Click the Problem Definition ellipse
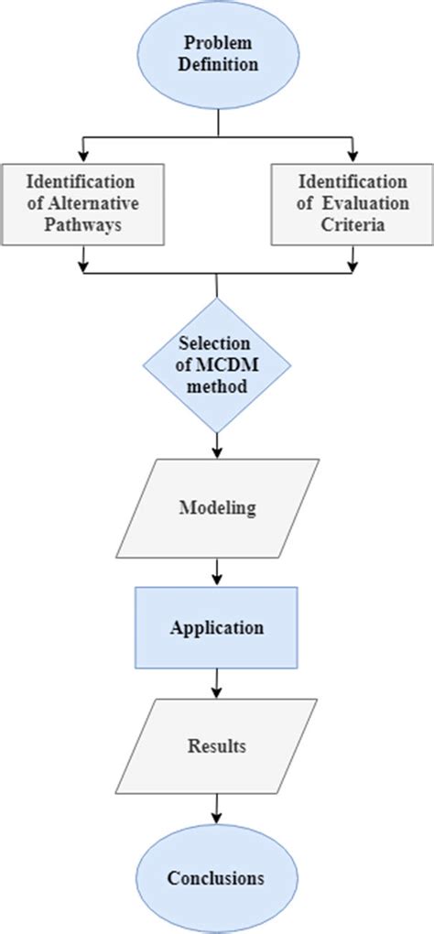[x=217, y=53]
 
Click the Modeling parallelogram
[x=217, y=507]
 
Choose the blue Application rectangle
[x=217, y=627]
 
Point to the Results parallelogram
[x=217, y=746]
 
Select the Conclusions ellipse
[x=217, y=877]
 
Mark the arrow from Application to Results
[x=217, y=682]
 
